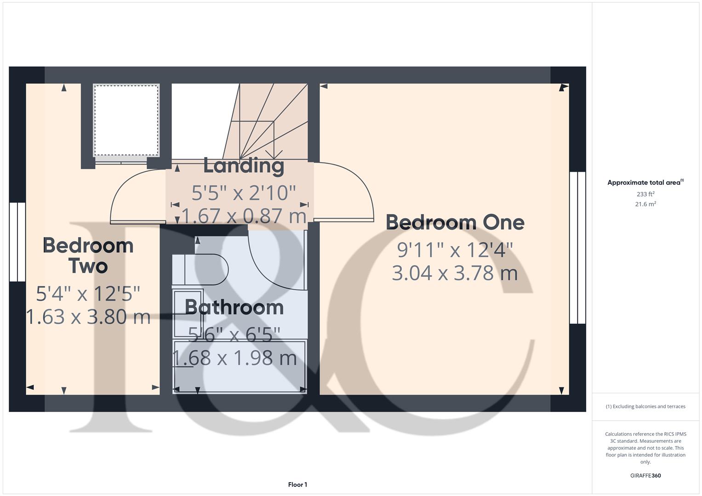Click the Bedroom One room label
[x=455, y=223]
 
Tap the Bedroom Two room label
[x=88, y=256]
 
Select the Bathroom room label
[x=234, y=307]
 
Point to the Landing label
[x=244, y=166]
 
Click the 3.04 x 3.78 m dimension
[x=455, y=273]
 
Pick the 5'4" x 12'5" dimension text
[x=88, y=293]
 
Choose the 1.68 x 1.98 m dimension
[x=234, y=358]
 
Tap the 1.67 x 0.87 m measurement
[x=244, y=216]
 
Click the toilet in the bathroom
[x=207, y=269]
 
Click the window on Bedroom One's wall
[x=577, y=248]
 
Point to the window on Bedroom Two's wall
[x=17, y=242]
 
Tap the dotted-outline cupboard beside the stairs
[x=126, y=120]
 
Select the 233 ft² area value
[x=645, y=194]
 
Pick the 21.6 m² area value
[x=645, y=204]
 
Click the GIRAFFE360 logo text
[x=645, y=476]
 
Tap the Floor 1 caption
[x=297, y=485]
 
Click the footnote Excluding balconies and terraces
[x=645, y=406]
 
